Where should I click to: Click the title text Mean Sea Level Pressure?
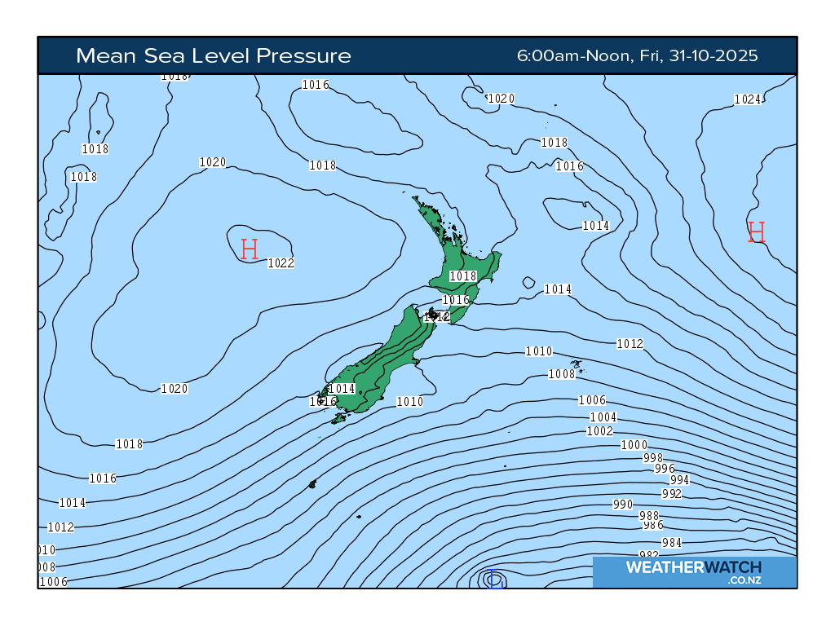point(213,55)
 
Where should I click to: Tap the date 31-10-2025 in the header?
point(714,55)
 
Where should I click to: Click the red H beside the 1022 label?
point(250,249)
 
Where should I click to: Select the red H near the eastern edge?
point(756,231)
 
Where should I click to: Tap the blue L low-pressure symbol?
point(493,581)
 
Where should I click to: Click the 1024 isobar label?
point(747,99)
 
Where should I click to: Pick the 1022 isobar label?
point(281,262)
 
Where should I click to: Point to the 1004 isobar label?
point(603,417)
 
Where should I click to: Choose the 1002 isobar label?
point(599,430)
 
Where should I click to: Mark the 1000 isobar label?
point(634,444)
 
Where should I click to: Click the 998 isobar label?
point(653,457)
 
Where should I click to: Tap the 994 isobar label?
point(679,480)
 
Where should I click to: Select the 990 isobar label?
point(622,505)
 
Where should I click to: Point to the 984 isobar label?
point(672,543)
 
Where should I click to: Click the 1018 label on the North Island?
point(462,276)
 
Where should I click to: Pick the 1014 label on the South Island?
point(342,388)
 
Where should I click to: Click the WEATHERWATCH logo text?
point(693,566)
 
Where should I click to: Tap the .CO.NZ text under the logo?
point(744,580)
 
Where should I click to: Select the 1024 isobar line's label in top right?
point(747,99)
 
